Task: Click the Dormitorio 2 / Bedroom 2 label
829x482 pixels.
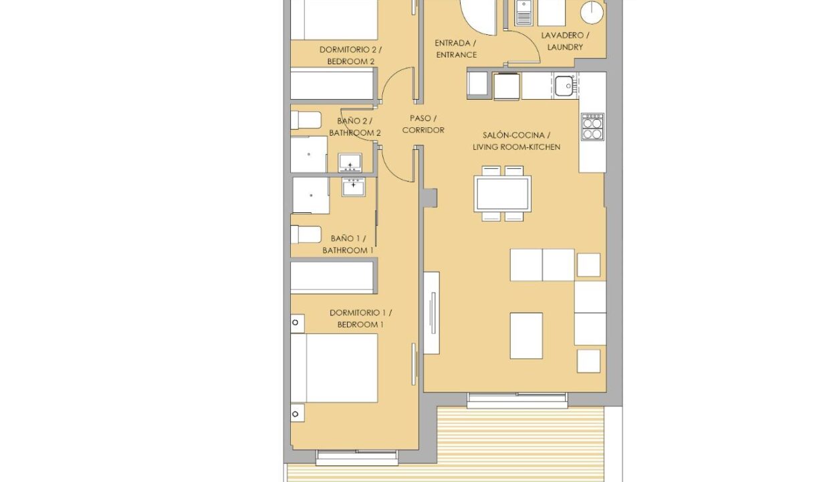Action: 350,56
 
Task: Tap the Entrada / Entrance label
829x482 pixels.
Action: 455,49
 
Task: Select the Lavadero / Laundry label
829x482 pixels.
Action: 565,41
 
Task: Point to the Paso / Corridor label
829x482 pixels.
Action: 423,124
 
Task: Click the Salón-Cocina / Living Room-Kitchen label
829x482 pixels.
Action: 516,141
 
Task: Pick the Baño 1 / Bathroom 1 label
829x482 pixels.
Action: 348,244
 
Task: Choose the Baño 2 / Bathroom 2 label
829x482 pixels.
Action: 354,127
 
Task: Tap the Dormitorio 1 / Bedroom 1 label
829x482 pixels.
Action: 360,318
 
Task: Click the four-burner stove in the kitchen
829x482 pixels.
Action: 592,127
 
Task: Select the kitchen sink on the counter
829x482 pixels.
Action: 564,86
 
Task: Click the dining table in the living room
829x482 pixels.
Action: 503,193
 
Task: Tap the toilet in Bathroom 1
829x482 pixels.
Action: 306,234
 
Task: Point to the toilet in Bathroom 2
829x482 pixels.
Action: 306,120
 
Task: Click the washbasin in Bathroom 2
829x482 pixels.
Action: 350,163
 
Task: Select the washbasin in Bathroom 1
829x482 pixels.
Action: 354,187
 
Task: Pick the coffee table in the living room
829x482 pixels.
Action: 526,335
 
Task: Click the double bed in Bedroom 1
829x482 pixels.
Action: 334,368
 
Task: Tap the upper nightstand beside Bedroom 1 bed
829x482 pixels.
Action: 298,323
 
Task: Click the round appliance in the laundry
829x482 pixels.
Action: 592,12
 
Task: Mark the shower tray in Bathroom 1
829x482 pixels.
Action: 311,195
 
